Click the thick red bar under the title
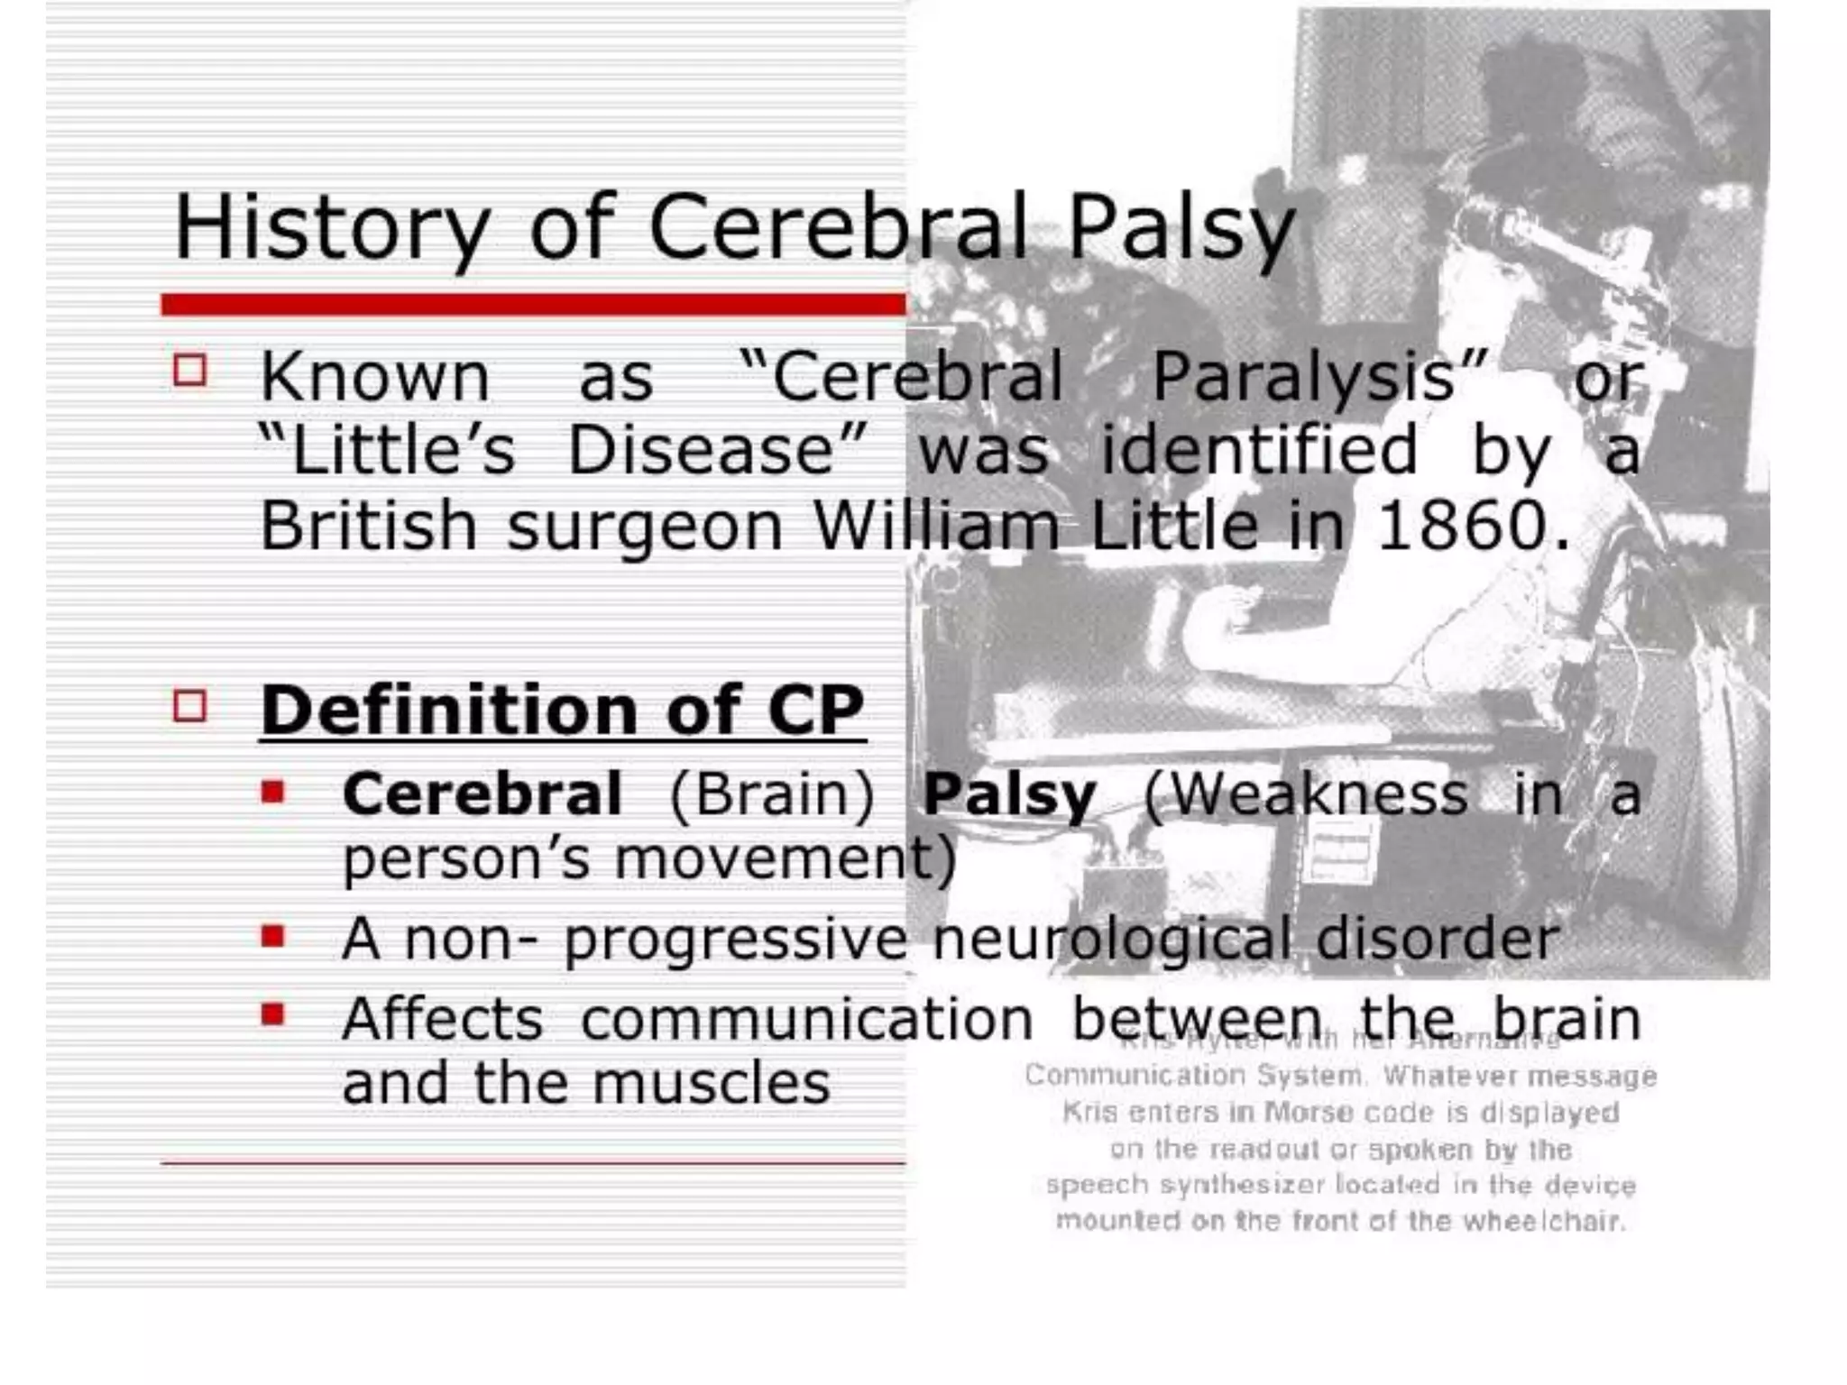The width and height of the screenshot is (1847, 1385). coord(532,305)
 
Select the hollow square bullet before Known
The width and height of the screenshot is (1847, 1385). coord(189,370)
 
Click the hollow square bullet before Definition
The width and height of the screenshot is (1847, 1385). coord(189,705)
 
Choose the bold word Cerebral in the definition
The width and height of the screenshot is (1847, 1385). coord(482,794)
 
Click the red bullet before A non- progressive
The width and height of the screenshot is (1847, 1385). coord(272,936)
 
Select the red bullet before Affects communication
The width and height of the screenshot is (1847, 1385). coord(272,1015)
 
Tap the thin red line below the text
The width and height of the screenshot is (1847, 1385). coord(532,1163)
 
